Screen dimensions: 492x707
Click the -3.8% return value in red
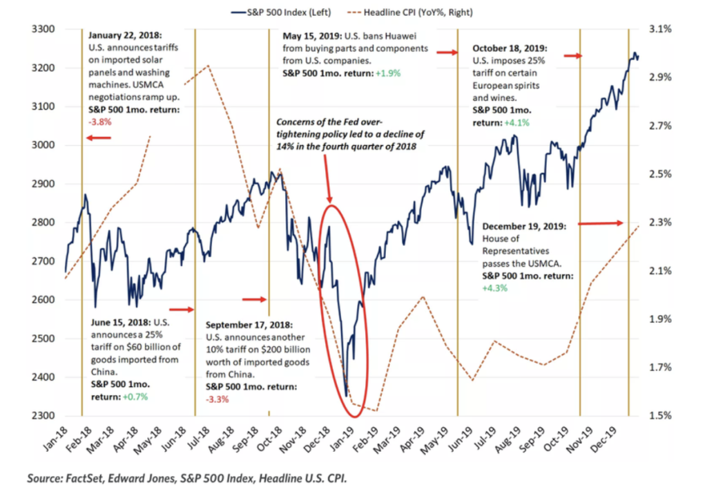click(x=100, y=120)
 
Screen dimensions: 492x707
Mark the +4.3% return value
click(x=496, y=287)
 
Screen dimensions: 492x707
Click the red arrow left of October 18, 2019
click(x=446, y=52)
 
